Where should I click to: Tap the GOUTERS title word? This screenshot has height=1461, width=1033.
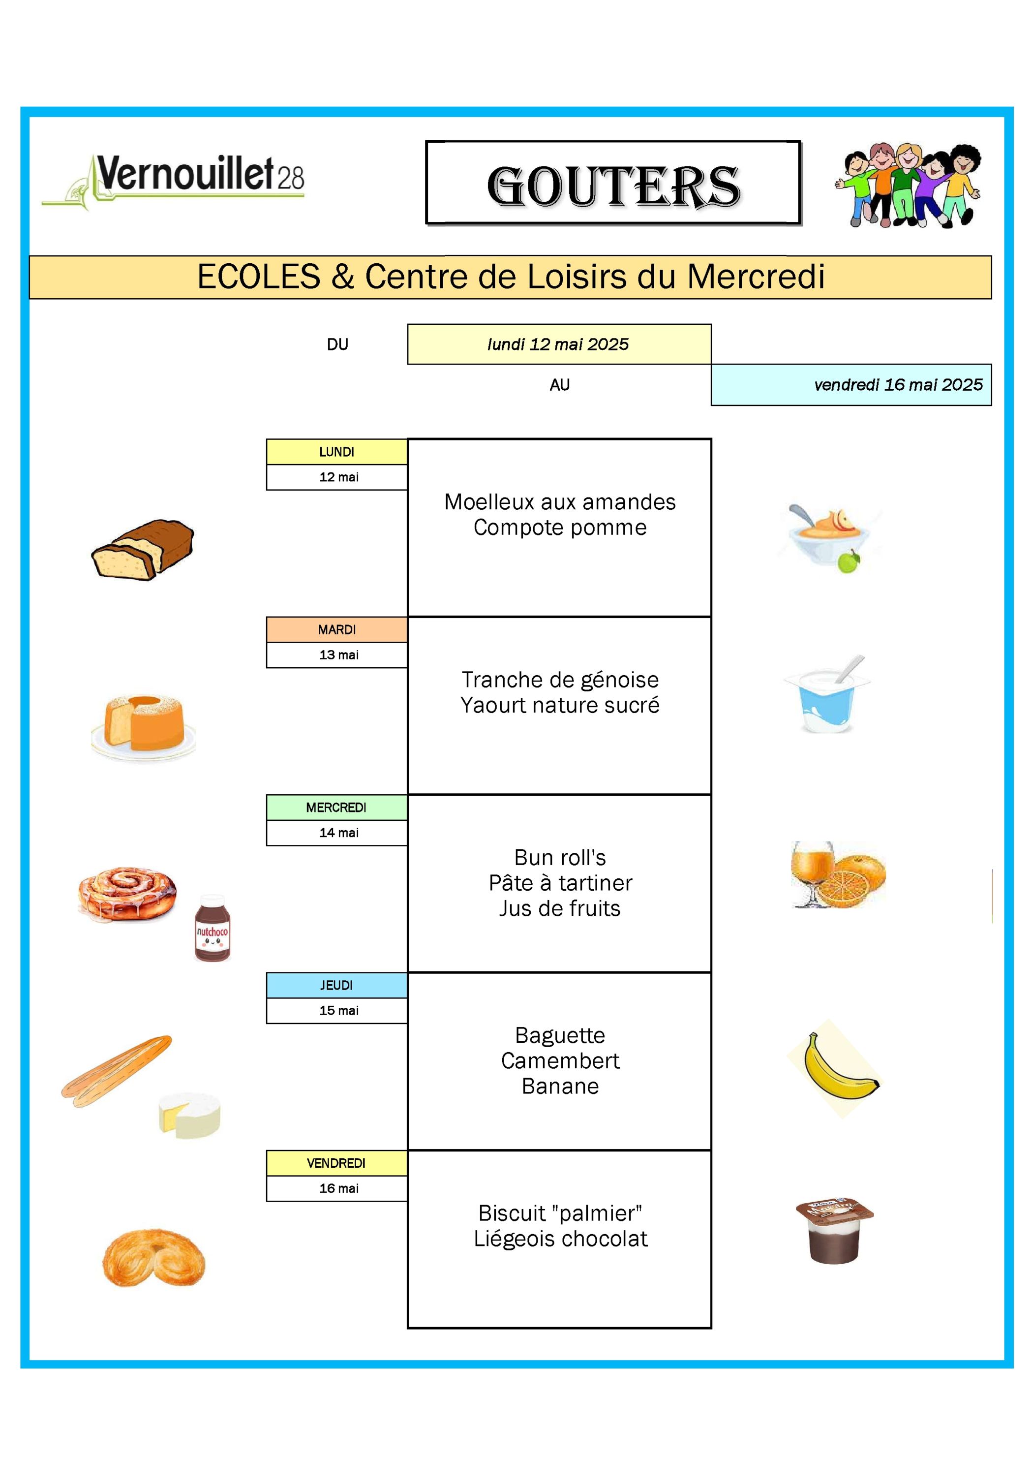[x=613, y=186]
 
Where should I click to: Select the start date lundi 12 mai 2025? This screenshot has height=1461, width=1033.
[x=558, y=344]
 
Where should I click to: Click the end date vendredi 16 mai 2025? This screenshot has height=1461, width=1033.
[x=898, y=384]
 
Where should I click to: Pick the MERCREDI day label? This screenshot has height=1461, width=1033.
[x=336, y=808]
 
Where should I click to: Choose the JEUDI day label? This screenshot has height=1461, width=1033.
[x=336, y=985]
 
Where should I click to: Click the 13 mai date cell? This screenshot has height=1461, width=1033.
[x=338, y=655]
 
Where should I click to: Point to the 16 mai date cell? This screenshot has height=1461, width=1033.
[x=338, y=1188]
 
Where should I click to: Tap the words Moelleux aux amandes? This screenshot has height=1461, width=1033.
[x=560, y=502]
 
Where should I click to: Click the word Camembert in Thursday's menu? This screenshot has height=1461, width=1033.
[x=560, y=1061]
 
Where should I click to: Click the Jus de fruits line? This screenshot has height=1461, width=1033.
[x=560, y=908]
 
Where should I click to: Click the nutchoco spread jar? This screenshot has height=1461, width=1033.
[x=213, y=928]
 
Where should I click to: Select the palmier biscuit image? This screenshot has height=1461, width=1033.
[x=154, y=1257]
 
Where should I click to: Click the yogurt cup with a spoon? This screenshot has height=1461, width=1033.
[x=827, y=695]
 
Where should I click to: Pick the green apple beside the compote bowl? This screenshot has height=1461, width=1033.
[x=849, y=562]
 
